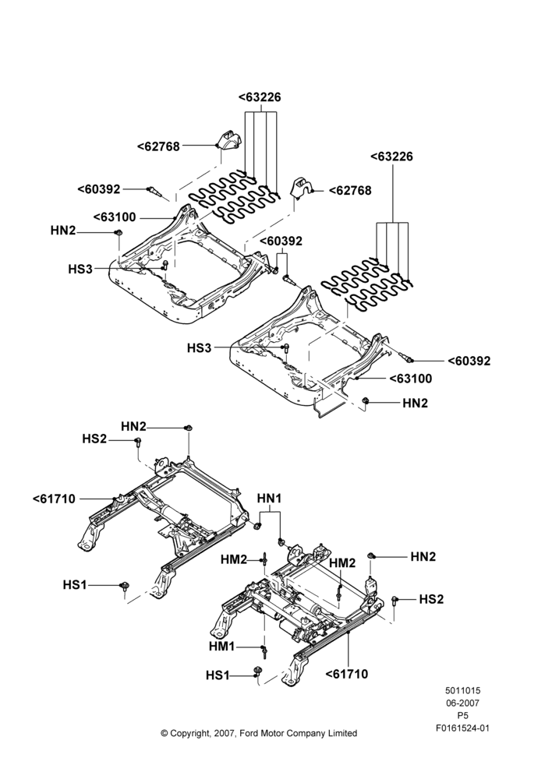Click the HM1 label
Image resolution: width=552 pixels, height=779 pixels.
point(221,647)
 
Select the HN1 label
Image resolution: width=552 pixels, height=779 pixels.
point(270,499)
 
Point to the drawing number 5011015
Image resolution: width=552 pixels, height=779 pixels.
point(462,690)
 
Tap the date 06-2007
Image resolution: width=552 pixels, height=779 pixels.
point(462,703)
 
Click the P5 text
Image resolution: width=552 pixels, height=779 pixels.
point(462,715)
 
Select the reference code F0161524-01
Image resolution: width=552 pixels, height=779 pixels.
point(462,728)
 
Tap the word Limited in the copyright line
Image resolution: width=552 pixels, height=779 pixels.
point(342,733)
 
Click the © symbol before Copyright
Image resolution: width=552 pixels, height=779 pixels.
point(165,733)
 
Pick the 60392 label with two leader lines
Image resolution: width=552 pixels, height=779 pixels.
point(281,241)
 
